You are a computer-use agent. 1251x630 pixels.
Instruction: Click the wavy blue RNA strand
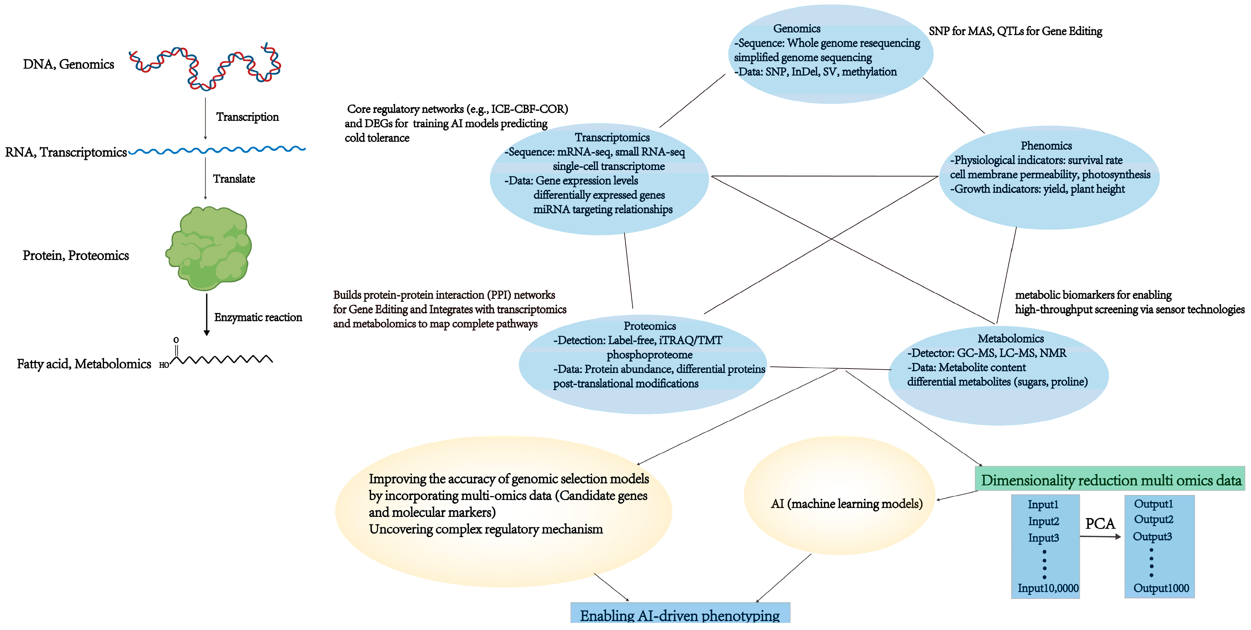click(217, 150)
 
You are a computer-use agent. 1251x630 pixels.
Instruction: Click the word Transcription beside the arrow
click(247, 117)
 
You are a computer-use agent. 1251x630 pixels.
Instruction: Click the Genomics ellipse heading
click(796, 29)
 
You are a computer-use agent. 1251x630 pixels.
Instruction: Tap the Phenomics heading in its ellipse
click(1046, 146)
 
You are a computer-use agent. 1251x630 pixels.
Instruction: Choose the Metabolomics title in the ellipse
click(1010, 339)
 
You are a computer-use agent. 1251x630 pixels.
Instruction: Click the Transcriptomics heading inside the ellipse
click(612, 137)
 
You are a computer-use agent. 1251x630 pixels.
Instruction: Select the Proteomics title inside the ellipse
click(649, 326)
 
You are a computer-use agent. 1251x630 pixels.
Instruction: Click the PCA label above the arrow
click(1100, 524)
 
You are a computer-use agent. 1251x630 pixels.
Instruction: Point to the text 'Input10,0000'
click(1048, 588)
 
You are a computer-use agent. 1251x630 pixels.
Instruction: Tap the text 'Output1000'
click(1161, 588)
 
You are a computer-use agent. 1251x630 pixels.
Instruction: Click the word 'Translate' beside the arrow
click(234, 179)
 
